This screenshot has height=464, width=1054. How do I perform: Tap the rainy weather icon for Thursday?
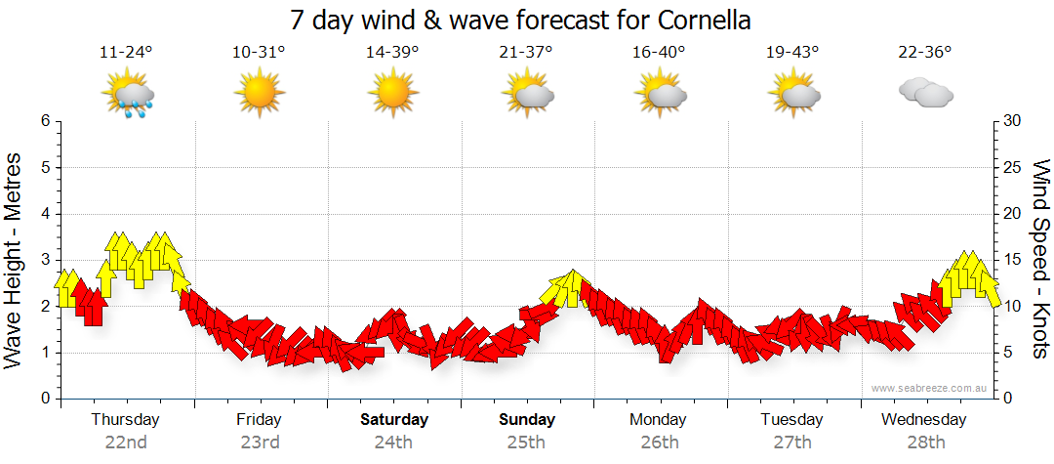(x=128, y=96)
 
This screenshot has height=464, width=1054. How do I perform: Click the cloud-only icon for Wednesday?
(x=925, y=93)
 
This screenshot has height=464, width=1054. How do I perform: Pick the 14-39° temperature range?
(x=392, y=52)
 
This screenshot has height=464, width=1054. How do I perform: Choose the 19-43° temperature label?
(x=792, y=52)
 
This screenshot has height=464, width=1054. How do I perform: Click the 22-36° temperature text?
(x=925, y=52)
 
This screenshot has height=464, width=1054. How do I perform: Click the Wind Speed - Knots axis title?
(x=1038, y=259)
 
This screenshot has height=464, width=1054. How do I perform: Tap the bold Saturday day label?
(x=394, y=420)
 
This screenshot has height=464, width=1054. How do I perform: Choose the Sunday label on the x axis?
(x=527, y=420)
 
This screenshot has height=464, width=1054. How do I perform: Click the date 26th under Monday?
(x=660, y=442)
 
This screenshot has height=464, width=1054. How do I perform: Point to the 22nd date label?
(x=126, y=442)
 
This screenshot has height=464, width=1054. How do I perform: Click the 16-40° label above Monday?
(x=659, y=52)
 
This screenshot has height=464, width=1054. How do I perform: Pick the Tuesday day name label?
(x=792, y=420)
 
